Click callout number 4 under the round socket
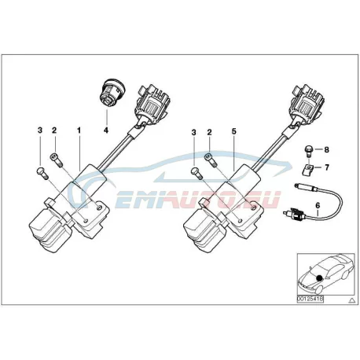[x=106, y=130]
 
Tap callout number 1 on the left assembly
[x=79, y=130]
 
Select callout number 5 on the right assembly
[x=233, y=131]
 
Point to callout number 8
[x=326, y=150]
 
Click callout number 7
[x=327, y=167]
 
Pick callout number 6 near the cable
[x=318, y=206]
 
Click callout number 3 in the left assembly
[x=40, y=130]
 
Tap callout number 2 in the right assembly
[x=209, y=132]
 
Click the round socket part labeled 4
[x=112, y=93]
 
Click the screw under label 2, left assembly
[x=57, y=160]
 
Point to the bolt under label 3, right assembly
[x=197, y=174]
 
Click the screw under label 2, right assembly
[x=211, y=160]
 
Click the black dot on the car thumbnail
[x=319, y=278]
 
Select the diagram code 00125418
[x=310, y=299]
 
